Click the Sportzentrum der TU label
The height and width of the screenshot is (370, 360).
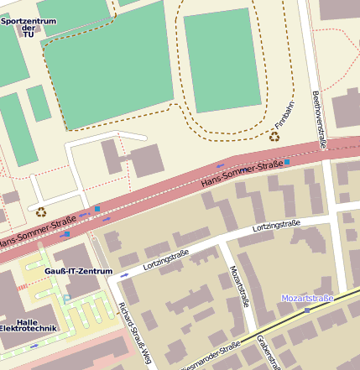[x=29, y=28]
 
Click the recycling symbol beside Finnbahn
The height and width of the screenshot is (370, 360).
[x=274, y=135]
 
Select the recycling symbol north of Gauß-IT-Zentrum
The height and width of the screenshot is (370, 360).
[x=40, y=212]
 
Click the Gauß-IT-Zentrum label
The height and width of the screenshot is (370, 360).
[x=78, y=272]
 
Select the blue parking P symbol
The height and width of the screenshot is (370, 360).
[x=66, y=299]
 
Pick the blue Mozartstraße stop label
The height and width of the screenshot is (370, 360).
[x=307, y=298]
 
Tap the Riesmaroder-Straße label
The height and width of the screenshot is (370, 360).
[x=210, y=356]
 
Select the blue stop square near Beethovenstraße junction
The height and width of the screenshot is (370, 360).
[x=287, y=161]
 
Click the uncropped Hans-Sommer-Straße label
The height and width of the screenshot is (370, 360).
[x=242, y=175]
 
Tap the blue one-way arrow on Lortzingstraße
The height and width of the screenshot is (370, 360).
[x=125, y=274]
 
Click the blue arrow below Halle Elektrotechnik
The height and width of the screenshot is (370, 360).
[x=34, y=345]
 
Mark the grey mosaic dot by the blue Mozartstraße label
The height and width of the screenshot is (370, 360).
[x=307, y=310]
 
